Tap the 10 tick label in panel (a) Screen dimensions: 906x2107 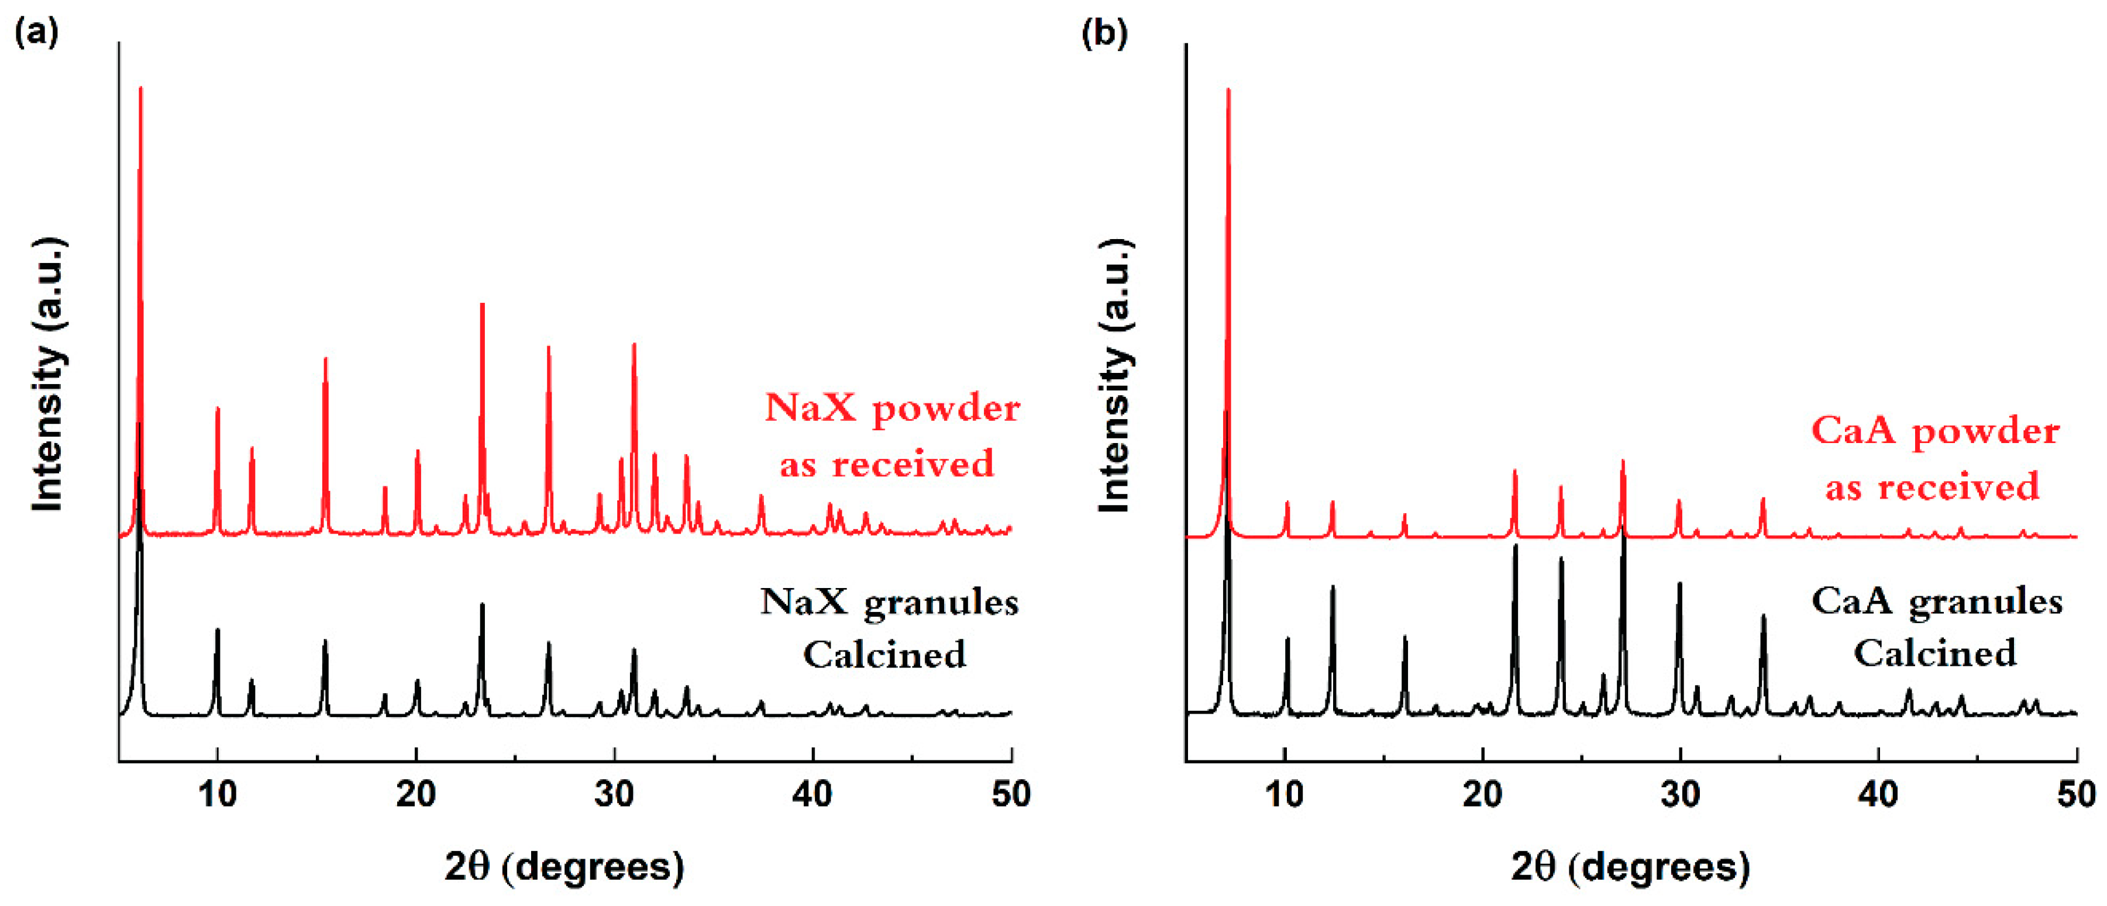217,794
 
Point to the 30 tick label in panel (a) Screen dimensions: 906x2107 614,794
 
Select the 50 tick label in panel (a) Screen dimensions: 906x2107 1011,794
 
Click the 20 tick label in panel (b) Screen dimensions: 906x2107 1482,794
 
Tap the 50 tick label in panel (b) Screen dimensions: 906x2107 2076,794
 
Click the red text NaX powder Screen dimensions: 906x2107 891,408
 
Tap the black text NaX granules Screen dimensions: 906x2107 889,603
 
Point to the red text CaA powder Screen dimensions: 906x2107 1935,431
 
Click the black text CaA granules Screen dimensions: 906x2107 1937,602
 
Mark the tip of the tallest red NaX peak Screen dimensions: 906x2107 141,88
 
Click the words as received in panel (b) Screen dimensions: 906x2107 1932,488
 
